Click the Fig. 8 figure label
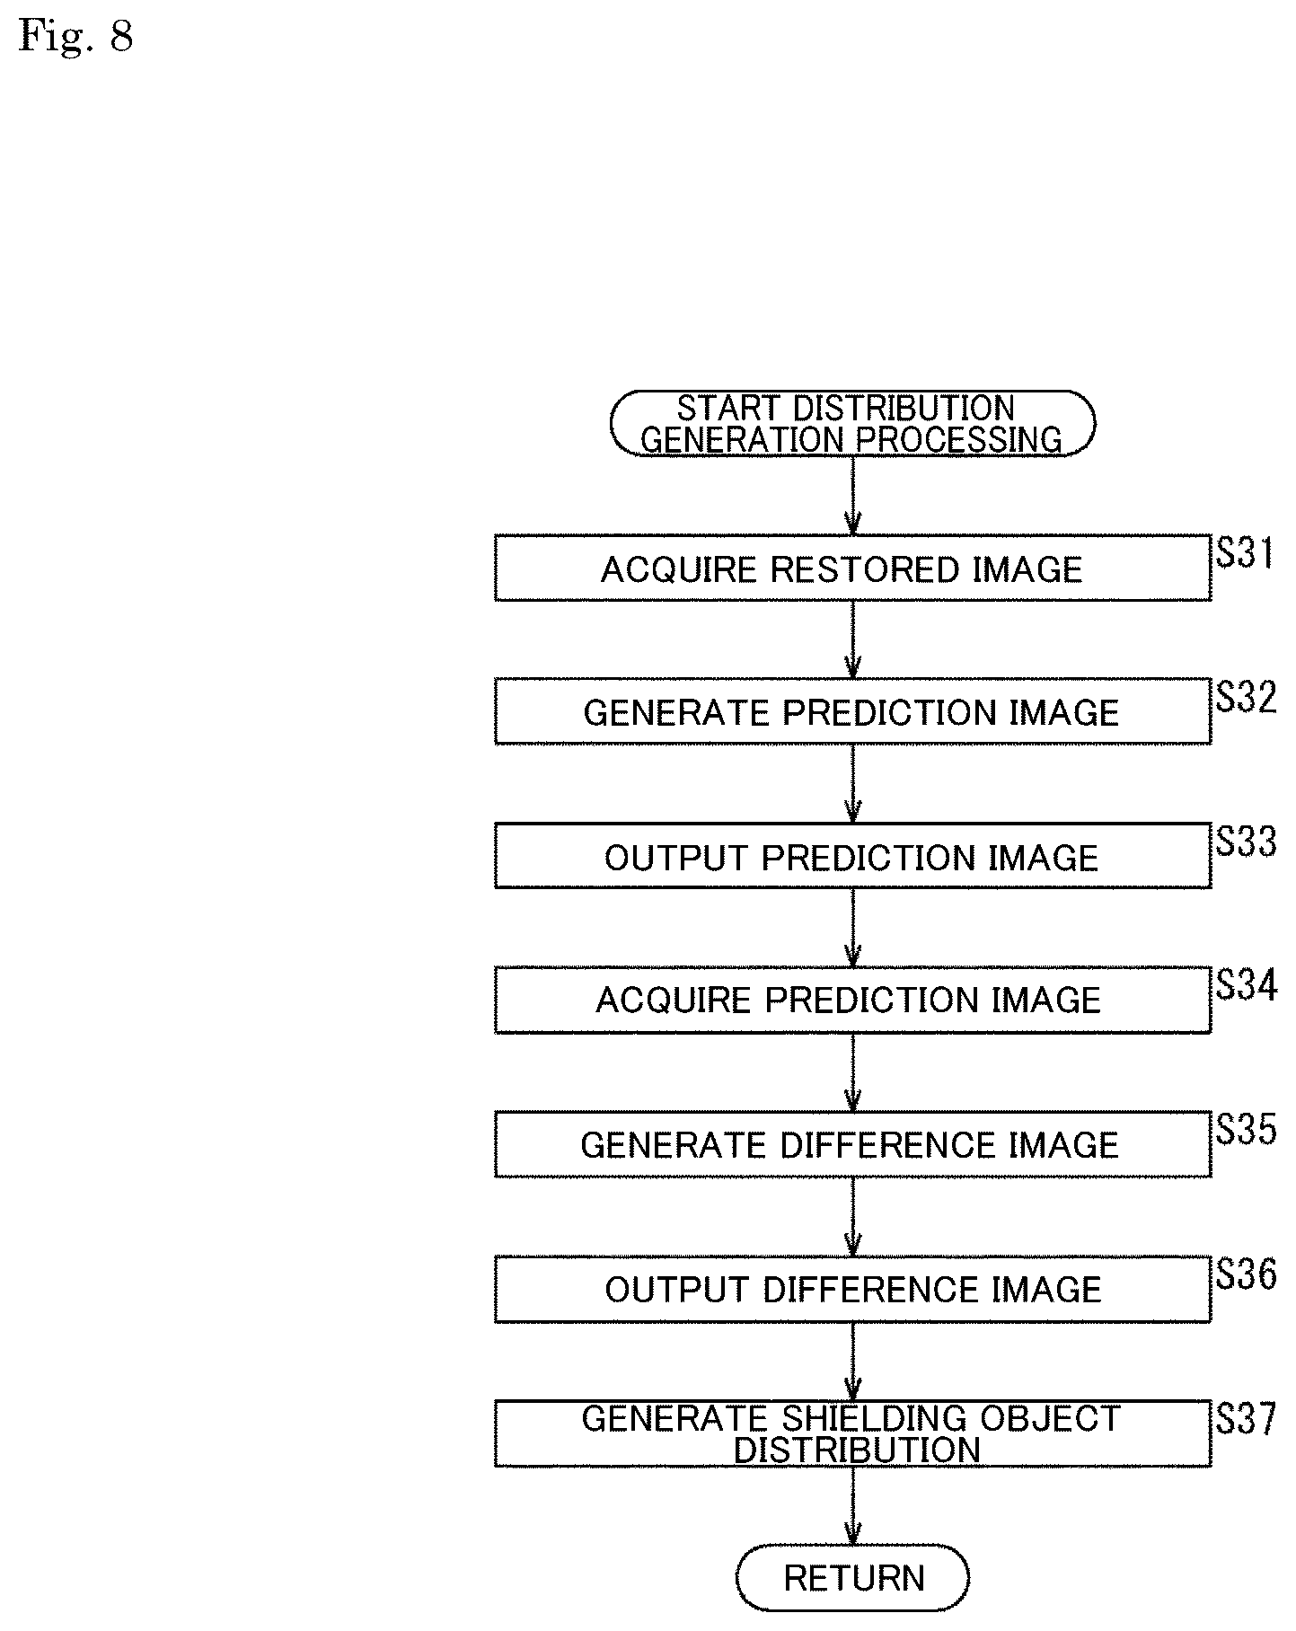(76, 37)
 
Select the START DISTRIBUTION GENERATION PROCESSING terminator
(852, 423)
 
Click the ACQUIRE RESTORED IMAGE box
(852, 568)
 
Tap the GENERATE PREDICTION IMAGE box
(852, 711)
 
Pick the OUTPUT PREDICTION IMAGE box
(852, 856)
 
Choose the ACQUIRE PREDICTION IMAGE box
(852, 1000)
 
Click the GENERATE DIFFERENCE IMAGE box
(852, 1144)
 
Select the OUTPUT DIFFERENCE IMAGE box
(852, 1289)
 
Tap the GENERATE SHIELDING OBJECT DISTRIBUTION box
(852, 1433)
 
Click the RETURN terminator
(852, 1577)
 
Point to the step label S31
(1246, 553)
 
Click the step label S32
(1247, 697)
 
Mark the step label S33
(1247, 842)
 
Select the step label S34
(1247, 985)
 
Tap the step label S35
(1247, 1130)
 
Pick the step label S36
(1247, 1274)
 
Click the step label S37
(1247, 1419)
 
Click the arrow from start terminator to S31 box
(852, 496)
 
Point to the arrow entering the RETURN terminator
(852, 1505)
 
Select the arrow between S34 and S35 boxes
(852, 1072)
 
